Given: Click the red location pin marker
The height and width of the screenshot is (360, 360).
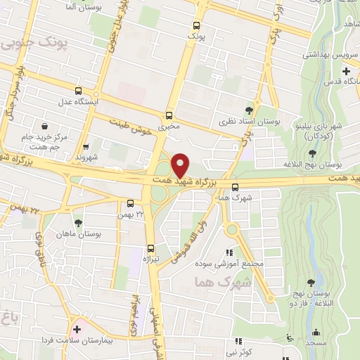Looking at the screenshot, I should click(181, 165).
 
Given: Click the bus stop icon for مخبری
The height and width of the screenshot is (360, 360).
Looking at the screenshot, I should click(169, 115).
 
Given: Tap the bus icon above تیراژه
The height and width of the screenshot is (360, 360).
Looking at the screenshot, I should click(150, 247).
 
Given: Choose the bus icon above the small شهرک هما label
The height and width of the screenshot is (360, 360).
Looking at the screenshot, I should click(234, 186).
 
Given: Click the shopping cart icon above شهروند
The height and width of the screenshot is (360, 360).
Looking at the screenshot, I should click(86, 147).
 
